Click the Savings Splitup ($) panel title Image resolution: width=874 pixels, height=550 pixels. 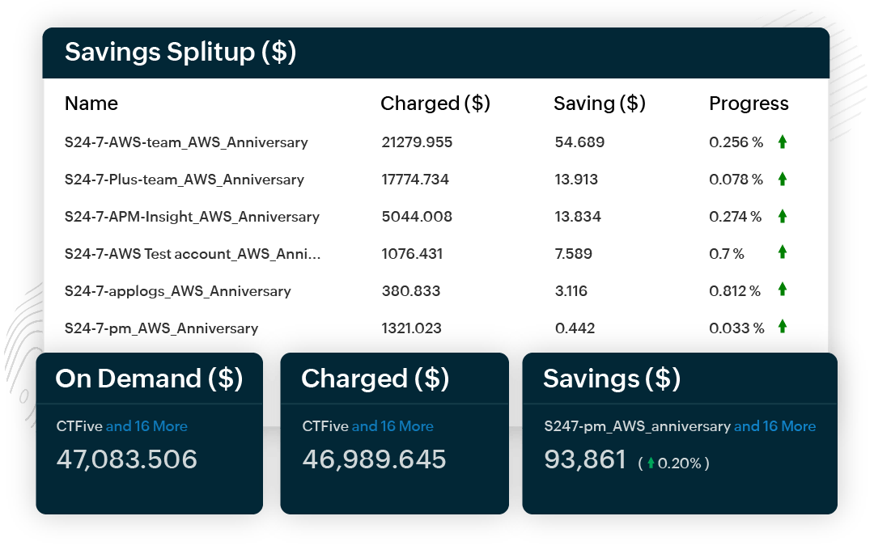(180, 53)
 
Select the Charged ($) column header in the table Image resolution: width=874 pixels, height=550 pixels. (435, 104)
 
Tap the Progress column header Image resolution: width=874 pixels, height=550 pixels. (749, 104)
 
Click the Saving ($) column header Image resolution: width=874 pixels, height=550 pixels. (599, 104)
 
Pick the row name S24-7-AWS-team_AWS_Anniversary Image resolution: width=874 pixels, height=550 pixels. (186, 142)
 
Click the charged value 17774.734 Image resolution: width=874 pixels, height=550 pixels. (415, 180)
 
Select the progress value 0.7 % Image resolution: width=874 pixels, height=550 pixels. (727, 254)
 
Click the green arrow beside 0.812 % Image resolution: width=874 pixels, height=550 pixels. (783, 289)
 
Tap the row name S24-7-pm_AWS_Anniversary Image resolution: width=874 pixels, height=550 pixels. (161, 328)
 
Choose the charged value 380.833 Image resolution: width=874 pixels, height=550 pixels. (410, 291)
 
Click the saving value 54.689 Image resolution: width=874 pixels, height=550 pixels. (579, 142)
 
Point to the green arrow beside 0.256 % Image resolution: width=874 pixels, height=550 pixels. (783, 142)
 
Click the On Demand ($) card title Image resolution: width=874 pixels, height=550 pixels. (149, 379)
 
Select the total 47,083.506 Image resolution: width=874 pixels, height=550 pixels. (127, 459)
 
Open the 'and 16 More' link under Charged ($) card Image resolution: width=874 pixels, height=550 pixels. (392, 426)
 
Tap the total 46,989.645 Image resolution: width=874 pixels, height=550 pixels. (374, 459)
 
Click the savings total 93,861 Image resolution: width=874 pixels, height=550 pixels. (584, 459)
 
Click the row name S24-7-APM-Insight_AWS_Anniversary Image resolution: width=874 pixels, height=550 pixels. (192, 217)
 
